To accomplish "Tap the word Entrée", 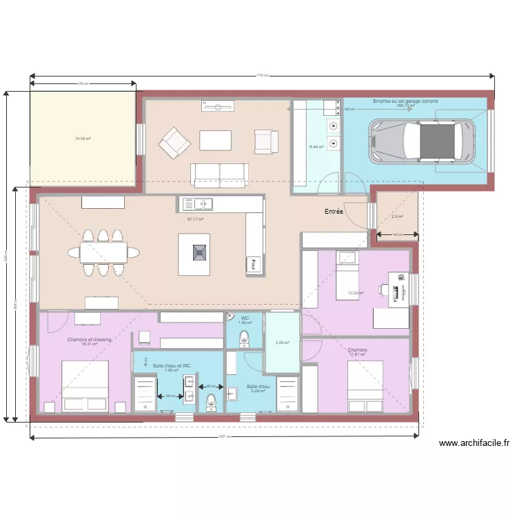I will [334, 212].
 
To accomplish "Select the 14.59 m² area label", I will [83, 139].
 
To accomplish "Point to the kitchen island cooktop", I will [199, 253].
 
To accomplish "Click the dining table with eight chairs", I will [103, 253].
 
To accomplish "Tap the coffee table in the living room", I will [215, 140].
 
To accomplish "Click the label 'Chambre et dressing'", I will [89, 340].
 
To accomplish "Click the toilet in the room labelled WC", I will [243, 339].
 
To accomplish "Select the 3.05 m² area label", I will [282, 343].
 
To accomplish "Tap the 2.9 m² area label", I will [397, 217].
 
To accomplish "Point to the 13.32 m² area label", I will [356, 293].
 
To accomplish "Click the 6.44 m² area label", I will [316, 146].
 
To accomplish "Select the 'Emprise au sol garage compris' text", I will [405, 101].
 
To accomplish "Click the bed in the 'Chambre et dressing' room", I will [85, 387].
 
